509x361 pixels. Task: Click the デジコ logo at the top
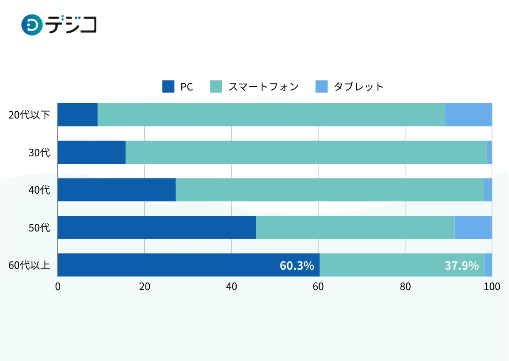pyautogui.click(x=59, y=24)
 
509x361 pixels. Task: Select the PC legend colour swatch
pyautogui.click(x=168, y=87)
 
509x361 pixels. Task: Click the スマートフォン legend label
pyautogui.click(x=263, y=87)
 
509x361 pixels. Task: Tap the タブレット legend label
pyautogui.click(x=358, y=87)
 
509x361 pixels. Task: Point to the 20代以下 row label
pyautogui.click(x=29, y=115)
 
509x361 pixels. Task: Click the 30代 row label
pyautogui.click(x=39, y=152)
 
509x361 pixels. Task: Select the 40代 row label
pyautogui.click(x=39, y=190)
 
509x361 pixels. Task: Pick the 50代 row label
pyautogui.click(x=39, y=228)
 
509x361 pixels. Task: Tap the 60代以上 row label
pyautogui.click(x=29, y=265)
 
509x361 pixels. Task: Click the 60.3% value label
pyautogui.click(x=297, y=266)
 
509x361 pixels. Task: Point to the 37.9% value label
pyautogui.click(x=461, y=266)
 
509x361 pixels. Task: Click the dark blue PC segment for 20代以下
pyautogui.click(x=78, y=115)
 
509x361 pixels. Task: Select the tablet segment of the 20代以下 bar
pyautogui.click(x=468, y=115)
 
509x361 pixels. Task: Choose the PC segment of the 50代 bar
pyautogui.click(x=157, y=227)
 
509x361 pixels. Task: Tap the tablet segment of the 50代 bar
pyautogui.click(x=473, y=227)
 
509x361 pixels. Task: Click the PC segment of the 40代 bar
pyautogui.click(x=117, y=190)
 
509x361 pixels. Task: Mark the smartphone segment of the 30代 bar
pyautogui.click(x=306, y=152)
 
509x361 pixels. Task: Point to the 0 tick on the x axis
pyautogui.click(x=58, y=287)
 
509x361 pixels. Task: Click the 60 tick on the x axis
pyautogui.click(x=318, y=287)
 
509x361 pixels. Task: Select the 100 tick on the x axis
pyautogui.click(x=492, y=287)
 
